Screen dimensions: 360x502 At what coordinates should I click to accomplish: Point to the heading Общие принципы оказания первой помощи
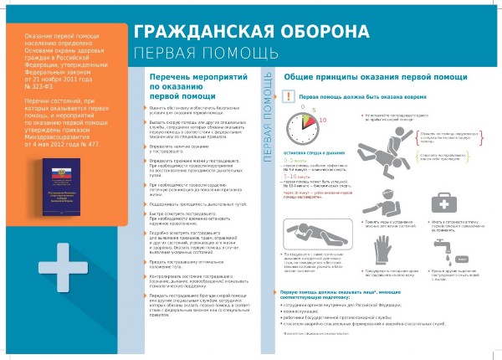click(x=357, y=77)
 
